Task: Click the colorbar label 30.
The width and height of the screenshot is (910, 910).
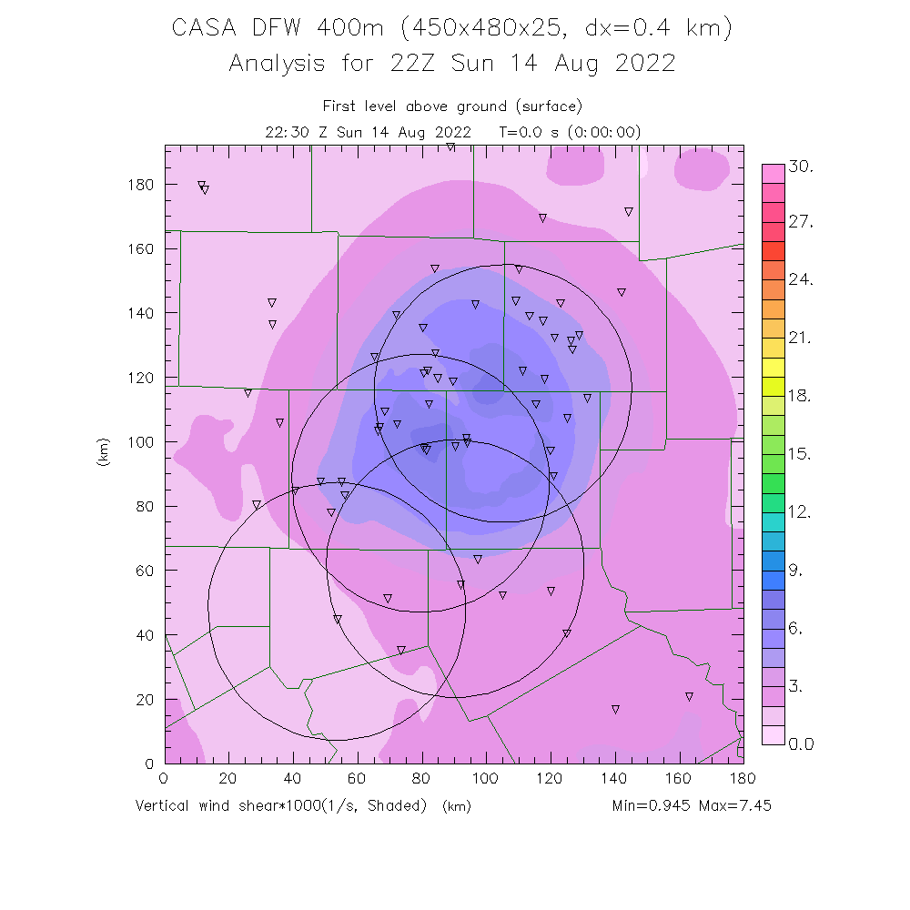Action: (x=801, y=167)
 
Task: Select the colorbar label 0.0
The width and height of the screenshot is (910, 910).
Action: (x=801, y=744)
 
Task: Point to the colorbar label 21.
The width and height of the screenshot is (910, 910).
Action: (x=801, y=339)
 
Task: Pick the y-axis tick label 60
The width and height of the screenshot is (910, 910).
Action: (x=146, y=571)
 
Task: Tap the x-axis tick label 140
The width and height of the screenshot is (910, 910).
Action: (x=615, y=779)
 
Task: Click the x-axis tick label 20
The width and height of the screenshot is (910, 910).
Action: (x=228, y=779)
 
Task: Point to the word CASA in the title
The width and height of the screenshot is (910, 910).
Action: (x=205, y=28)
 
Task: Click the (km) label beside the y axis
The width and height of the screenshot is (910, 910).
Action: (x=102, y=453)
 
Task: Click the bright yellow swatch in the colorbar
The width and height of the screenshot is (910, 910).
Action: (x=773, y=367)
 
